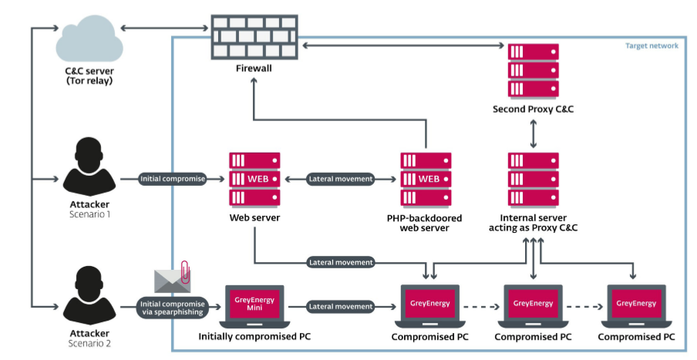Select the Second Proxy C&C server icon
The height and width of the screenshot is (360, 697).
533,70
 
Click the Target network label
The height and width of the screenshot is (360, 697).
652,46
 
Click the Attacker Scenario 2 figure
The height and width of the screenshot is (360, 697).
89,296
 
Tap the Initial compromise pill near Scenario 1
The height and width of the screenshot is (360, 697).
172,179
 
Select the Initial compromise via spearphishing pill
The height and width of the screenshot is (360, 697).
172,307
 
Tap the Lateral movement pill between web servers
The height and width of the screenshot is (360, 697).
340,179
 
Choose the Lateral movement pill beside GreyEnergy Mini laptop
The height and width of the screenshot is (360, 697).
340,307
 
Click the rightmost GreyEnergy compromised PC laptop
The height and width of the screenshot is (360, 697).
636,306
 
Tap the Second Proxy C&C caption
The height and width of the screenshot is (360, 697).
533,109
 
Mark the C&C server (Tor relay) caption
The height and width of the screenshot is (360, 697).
89,75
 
